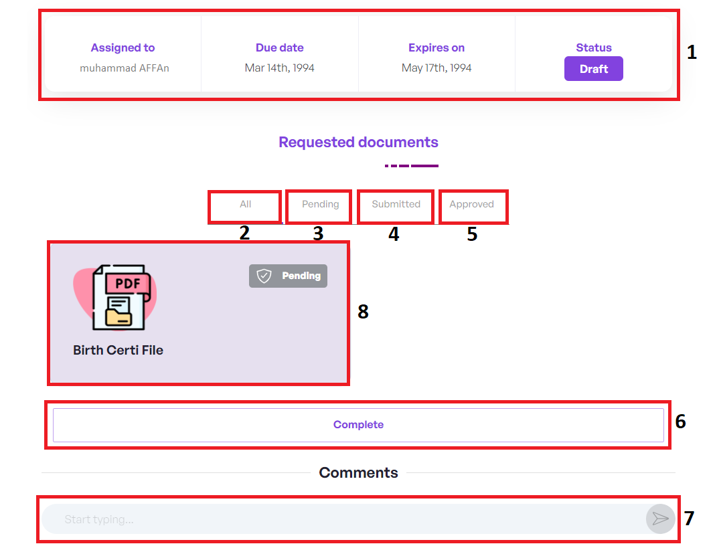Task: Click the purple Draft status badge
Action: coord(593,69)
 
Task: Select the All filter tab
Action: coord(245,204)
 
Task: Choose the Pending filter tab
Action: coord(320,204)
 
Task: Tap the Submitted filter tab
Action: coord(396,204)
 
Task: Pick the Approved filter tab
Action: coord(471,204)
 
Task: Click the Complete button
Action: coord(358,425)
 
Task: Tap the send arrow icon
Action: coord(660,519)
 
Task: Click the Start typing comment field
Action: coord(335,519)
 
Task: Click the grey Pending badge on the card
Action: coord(289,276)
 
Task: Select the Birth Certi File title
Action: coord(118,350)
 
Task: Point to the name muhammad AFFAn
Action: coord(124,68)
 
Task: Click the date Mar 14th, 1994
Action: coord(280,68)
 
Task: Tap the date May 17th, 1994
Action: coord(436,68)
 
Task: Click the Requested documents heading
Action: coord(358,142)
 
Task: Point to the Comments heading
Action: coord(358,473)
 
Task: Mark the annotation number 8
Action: coord(363,311)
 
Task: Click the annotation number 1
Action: coord(692,52)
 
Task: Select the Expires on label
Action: coord(436,48)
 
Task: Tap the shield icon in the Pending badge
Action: coord(264,276)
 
